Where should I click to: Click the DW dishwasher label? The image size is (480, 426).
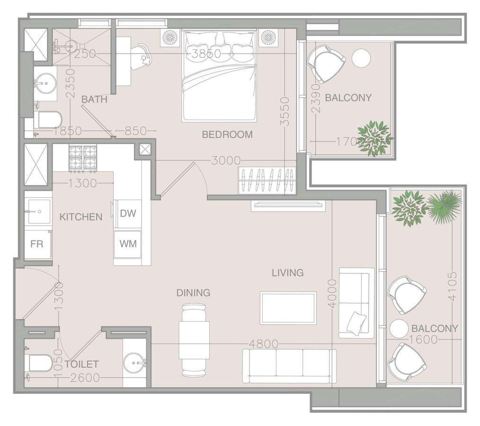tap(128, 213)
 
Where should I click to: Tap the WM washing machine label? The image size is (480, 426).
tap(128, 244)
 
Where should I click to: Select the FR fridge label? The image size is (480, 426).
tap(37, 244)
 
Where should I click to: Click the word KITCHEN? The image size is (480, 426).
tap(81, 217)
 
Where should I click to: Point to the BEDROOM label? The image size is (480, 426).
tap(227, 134)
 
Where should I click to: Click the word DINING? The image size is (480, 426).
tap(194, 293)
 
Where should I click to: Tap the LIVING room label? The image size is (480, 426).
tap(288, 273)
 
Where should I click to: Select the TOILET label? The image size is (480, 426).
tap(81, 364)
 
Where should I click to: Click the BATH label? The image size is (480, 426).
tap(94, 99)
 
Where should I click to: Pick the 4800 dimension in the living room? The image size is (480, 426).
tap(264, 344)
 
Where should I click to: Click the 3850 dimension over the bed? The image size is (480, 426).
tap(206, 54)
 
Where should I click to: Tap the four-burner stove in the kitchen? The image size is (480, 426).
tap(83, 158)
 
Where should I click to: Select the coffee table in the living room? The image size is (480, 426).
tap(288, 308)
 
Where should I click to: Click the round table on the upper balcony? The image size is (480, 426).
tap(361, 58)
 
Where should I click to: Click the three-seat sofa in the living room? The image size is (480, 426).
tap(289, 366)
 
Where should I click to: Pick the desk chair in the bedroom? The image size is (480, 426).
tap(142, 56)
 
